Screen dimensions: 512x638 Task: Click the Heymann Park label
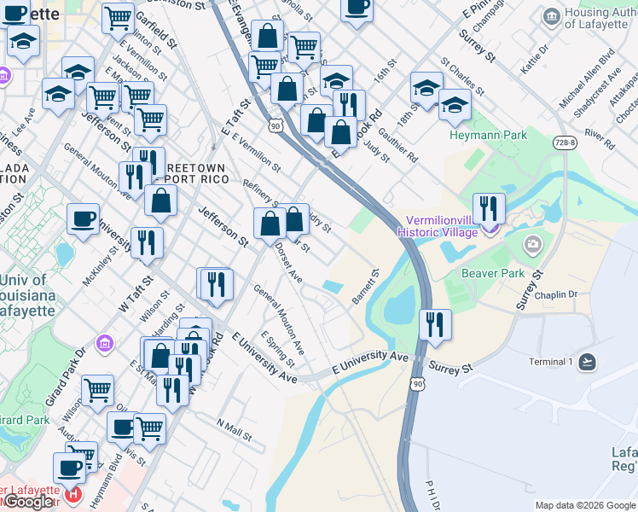(488, 135)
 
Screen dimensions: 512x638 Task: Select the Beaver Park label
(493, 273)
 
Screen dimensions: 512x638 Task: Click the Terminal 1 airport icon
(587, 361)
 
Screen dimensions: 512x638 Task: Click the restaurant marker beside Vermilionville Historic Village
(489, 207)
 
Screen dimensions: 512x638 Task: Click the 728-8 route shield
(564, 143)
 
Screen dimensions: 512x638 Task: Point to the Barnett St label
(365, 288)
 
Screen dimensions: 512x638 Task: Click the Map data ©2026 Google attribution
(585, 505)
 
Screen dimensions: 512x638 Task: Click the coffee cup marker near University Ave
(84, 218)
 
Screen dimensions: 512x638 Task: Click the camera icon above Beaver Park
(533, 247)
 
